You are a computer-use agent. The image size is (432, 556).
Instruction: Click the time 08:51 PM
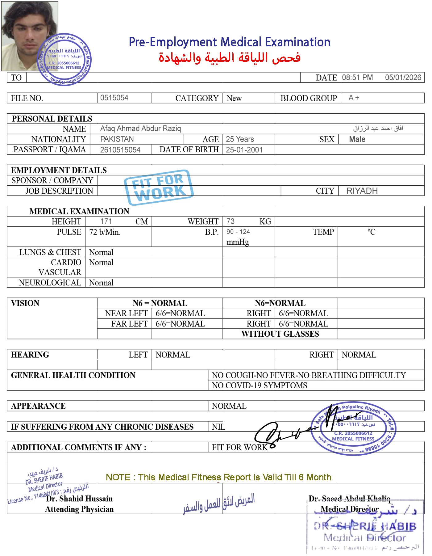point(357,78)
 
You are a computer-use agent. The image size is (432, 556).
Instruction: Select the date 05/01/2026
point(403,78)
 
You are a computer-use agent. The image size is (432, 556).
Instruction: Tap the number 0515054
point(114,98)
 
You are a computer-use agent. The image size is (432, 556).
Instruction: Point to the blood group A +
point(354,98)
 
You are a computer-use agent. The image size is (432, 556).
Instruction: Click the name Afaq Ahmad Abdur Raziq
point(140,128)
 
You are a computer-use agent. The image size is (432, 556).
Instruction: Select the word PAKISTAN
point(117,139)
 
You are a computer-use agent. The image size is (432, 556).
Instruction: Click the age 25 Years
point(240,139)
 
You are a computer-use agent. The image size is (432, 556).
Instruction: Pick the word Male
point(357,139)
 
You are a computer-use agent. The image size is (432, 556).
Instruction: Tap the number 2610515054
point(120,150)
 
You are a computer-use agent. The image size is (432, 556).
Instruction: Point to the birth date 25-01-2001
point(244,150)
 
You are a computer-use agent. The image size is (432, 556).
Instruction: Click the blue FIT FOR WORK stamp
point(159,187)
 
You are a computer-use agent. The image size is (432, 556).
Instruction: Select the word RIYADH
point(362,191)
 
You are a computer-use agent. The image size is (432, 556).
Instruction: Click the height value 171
point(106,221)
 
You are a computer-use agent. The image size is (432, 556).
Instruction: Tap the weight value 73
point(230,221)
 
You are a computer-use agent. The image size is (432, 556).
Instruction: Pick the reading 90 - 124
point(238,232)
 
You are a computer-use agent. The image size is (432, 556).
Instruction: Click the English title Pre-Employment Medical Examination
point(229,42)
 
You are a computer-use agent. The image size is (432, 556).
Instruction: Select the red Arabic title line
point(229,58)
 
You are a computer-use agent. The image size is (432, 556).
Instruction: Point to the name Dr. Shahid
point(64,499)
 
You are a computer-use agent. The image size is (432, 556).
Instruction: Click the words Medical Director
point(349,509)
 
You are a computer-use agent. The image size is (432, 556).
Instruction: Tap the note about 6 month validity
point(218,477)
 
